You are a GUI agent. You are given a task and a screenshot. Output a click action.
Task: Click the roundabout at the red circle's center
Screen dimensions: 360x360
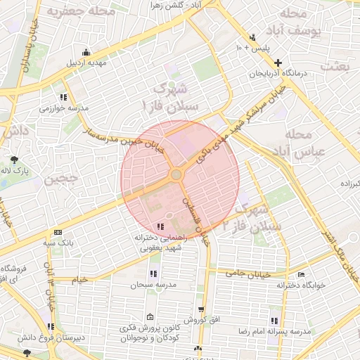[x=176, y=174]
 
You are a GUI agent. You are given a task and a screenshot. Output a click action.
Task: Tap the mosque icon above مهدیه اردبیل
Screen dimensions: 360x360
[x=86, y=52]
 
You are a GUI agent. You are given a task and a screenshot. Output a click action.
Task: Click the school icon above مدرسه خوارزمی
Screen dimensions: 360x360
[x=63, y=98]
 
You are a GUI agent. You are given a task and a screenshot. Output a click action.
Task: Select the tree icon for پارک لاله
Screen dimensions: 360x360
[x=15, y=160]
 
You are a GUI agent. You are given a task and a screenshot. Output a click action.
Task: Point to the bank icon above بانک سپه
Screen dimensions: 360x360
[x=58, y=232]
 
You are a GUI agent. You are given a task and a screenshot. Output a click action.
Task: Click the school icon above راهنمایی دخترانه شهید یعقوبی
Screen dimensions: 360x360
[x=161, y=226]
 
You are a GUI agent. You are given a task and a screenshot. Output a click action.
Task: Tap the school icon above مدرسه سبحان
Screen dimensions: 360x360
[x=153, y=274]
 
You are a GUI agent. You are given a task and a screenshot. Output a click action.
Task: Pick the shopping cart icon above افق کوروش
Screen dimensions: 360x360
[x=202, y=309]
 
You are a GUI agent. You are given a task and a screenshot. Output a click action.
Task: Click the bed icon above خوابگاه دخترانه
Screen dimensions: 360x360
[x=302, y=274]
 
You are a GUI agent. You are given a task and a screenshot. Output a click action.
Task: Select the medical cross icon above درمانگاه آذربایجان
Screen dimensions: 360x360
[x=278, y=63]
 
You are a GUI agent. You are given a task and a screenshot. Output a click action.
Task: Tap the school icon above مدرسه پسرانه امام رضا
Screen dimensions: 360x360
[x=283, y=321]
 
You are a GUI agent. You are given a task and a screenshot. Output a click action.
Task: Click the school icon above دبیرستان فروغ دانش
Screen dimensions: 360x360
[x=51, y=326]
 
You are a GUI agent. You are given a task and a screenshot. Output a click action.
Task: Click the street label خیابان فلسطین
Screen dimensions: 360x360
[x=196, y=220]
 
